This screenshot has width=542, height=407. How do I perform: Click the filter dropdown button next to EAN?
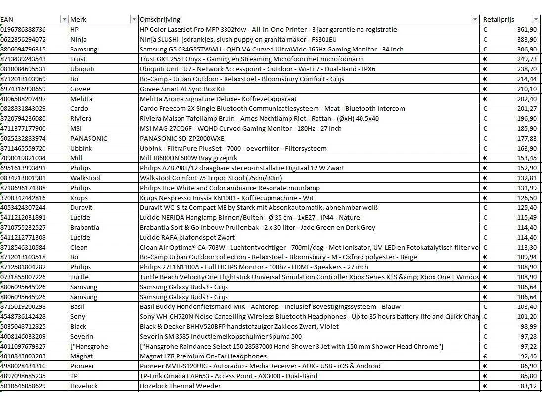tap(64, 19)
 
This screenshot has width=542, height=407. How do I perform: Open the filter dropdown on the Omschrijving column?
tap(475, 19)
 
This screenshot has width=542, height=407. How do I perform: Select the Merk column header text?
tap(78, 19)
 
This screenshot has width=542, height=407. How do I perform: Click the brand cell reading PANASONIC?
tap(89, 138)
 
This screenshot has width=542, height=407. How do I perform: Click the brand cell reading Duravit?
tap(81, 207)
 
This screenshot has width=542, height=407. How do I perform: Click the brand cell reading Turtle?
tap(79, 277)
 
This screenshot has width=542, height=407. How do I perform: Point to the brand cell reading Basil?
tap(78, 306)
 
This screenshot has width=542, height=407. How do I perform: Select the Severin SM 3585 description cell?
tap(221, 336)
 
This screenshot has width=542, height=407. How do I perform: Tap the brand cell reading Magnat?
tap(81, 356)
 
